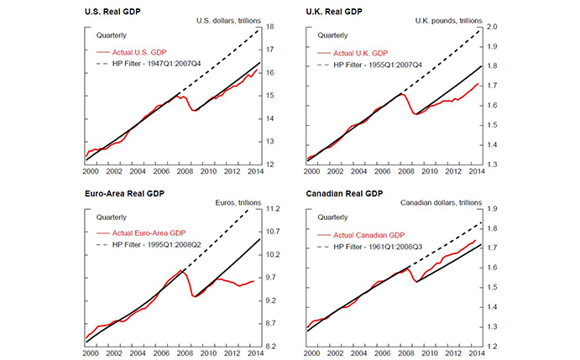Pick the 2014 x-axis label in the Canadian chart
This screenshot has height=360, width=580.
pos(476,352)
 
